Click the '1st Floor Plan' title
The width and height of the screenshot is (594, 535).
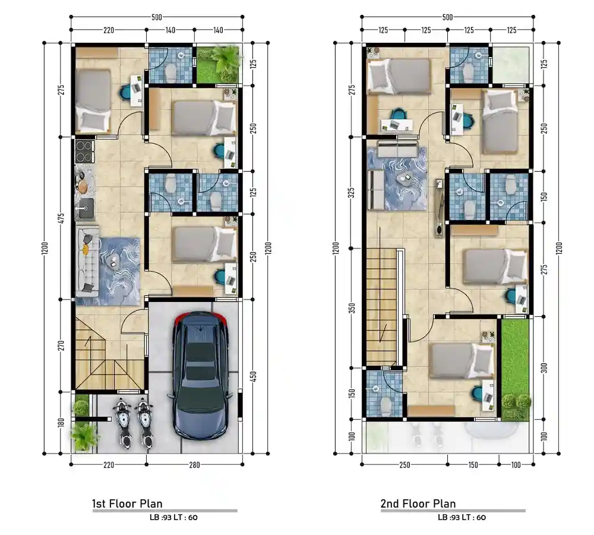pyautogui.click(x=127, y=503)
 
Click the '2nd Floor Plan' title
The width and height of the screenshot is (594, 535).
pyautogui.click(x=418, y=503)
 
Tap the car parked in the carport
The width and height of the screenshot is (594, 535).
pyautogui.click(x=200, y=375)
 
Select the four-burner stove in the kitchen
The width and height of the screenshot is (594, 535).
pyautogui.click(x=84, y=152)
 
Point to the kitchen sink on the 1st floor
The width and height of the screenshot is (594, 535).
pyautogui.click(x=84, y=209)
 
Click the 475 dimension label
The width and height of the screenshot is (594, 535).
pyautogui.click(x=61, y=219)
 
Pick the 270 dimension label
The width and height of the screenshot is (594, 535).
pyautogui.click(x=61, y=345)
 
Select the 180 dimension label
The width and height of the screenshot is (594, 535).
pyautogui.click(x=61, y=422)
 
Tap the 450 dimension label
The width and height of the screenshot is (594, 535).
pyautogui.click(x=254, y=376)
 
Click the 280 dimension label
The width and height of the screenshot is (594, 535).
pyautogui.click(x=194, y=465)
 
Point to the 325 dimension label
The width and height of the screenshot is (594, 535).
pyautogui.click(x=352, y=193)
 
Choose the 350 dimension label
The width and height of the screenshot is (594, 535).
pyautogui.click(x=352, y=309)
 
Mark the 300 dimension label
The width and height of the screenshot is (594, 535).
pyautogui.click(x=544, y=368)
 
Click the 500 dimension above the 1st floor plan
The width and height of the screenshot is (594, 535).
pyautogui.click(x=156, y=17)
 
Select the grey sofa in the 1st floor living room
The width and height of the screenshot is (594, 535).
pyautogui.click(x=88, y=262)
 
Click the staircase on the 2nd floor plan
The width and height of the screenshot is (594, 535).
pyautogui.click(x=381, y=305)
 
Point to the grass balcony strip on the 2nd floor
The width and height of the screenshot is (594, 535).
pyautogui.click(x=515, y=370)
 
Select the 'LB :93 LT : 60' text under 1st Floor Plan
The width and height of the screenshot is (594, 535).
pyautogui.click(x=173, y=518)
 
